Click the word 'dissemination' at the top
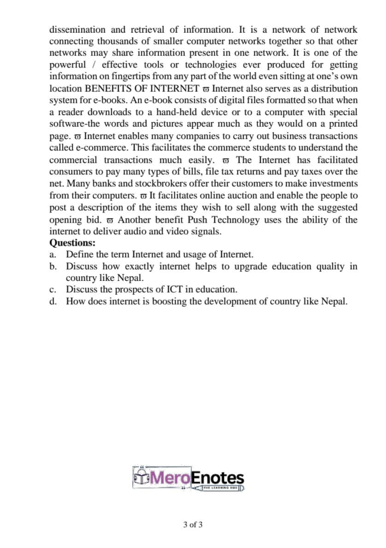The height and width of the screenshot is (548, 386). point(75,30)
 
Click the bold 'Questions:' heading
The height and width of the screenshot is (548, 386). point(72,243)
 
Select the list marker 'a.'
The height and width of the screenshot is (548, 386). point(52,254)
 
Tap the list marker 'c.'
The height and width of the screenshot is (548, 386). point(52,290)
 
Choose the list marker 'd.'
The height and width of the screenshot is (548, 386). point(52,301)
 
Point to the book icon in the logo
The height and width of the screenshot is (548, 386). point(140,478)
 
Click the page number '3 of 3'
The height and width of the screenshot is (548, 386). point(193,524)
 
